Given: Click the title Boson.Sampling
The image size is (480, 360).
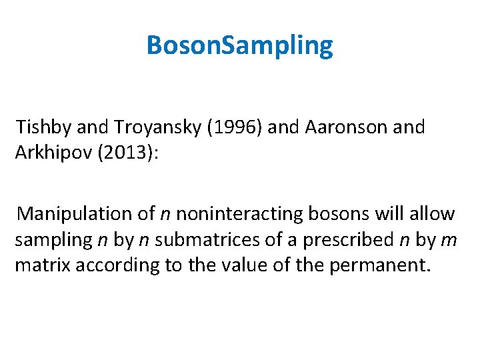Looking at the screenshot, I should click(239, 46).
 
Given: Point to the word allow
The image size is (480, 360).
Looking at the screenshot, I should click(433, 213).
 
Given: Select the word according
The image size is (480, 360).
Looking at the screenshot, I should click(117, 265).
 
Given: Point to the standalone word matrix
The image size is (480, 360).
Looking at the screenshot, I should click(43, 265).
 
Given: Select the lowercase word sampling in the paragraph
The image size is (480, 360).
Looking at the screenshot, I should click(53, 239).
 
